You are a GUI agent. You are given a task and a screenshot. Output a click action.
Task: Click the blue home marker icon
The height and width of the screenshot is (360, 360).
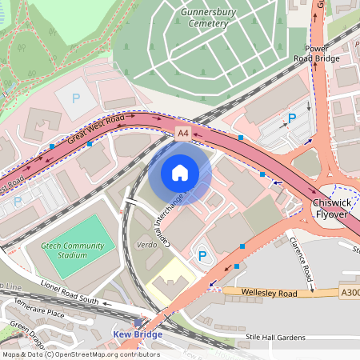point(180,173)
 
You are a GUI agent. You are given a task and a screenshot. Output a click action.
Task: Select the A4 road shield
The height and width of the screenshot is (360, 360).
point(183,132)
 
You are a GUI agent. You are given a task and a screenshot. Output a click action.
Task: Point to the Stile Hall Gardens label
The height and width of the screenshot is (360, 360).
point(276,336)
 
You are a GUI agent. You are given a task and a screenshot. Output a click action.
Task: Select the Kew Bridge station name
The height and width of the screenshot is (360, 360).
point(138,334)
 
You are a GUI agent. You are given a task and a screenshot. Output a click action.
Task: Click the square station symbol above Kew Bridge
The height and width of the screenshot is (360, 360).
point(138,323)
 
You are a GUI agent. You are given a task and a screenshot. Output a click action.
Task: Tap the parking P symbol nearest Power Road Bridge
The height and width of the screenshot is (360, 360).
point(292,118)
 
